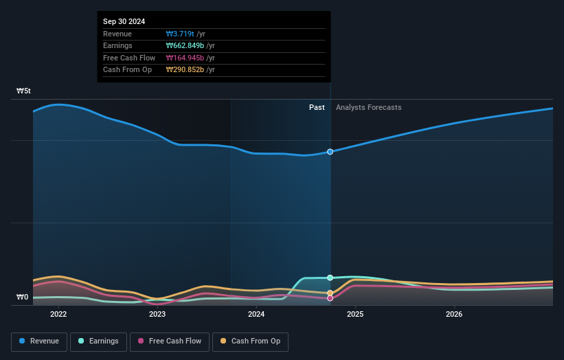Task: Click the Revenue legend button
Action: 39,341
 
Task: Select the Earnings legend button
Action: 98,341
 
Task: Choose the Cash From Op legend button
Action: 250,341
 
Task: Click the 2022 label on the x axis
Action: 58,315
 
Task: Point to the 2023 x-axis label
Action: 157,315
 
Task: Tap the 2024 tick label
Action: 256,315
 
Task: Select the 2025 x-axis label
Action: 355,315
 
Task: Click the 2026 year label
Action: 454,315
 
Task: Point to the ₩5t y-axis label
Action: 24,91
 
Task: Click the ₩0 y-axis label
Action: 23,297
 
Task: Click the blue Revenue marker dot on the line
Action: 330,152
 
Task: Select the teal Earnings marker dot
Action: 330,278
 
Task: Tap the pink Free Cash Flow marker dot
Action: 330,298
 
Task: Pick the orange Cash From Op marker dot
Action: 330,293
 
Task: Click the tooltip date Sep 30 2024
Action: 124,22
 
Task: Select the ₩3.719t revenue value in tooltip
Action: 180,34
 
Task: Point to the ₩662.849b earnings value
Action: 185,46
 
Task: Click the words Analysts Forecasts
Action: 368,107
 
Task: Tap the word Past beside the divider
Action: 317,107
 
